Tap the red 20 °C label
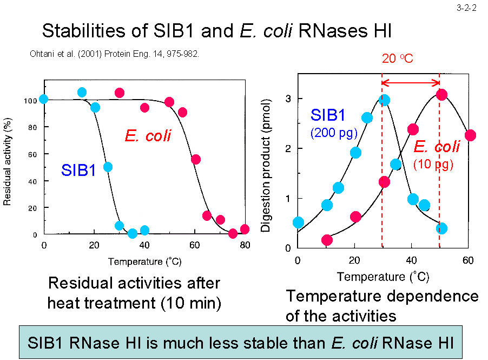[x=398, y=58]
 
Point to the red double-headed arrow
[x=411, y=82]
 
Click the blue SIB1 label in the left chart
[x=78, y=171]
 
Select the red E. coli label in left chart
[x=148, y=135]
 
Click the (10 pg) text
[x=433, y=165]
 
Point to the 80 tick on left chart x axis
[x=245, y=245]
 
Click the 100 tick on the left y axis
[x=30, y=101]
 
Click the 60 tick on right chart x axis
[x=468, y=260]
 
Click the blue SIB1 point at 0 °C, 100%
[x=44, y=99]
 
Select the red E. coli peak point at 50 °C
[x=441, y=95]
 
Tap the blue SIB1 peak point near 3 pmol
[x=384, y=100]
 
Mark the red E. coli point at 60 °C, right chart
[x=470, y=135]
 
